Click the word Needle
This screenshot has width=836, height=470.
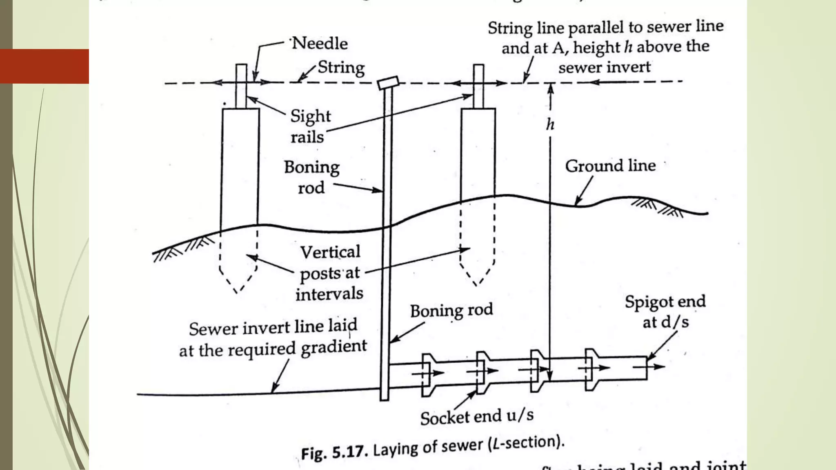320,43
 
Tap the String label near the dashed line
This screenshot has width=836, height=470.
341,67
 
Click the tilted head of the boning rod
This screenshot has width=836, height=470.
388,82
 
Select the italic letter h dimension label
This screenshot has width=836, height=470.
550,124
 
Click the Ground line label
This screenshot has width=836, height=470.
610,166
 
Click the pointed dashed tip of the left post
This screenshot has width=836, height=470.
237,291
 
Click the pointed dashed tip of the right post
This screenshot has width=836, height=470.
476,284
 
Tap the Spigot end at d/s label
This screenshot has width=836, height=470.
665,312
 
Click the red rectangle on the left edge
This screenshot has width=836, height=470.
44,66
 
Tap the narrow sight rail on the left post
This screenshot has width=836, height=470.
241,86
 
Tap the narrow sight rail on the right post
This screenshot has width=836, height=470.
478,86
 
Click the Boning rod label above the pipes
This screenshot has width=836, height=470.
451,310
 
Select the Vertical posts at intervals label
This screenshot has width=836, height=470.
330,273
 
